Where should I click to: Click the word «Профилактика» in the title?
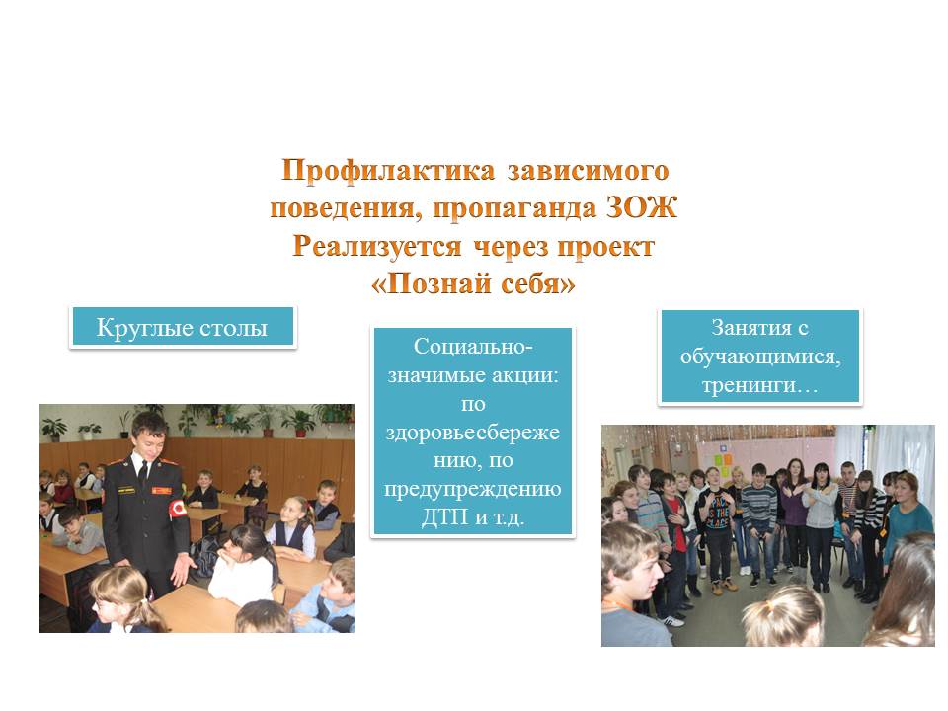(387, 171)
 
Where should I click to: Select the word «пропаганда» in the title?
(514, 209)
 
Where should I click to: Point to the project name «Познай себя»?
(473, 283)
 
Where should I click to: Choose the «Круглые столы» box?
(183, 327)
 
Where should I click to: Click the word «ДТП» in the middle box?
(445, 516)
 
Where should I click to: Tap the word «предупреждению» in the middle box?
(473, 489)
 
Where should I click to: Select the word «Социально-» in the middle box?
(473, 347)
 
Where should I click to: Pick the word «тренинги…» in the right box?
(760, 385)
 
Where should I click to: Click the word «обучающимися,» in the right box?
(760, 356)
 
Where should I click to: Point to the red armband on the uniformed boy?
(178, 510)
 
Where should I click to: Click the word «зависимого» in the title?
(588, 172)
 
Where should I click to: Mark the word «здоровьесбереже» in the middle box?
(473, 433)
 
